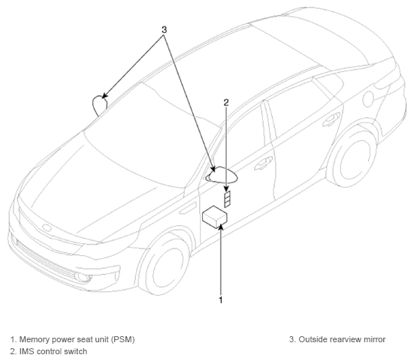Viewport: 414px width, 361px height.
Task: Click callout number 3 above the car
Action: (165, 30)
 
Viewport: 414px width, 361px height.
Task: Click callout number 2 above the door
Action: (226, 103)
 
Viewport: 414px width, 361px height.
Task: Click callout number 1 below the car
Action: (221, 299)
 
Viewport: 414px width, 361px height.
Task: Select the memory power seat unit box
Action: (215, 217)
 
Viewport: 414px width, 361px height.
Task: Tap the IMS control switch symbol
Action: (227, 199)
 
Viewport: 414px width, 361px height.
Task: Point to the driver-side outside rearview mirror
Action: (222, 175)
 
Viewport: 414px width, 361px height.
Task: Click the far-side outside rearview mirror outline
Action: (99, 105)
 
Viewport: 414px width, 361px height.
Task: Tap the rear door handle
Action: (331, 118)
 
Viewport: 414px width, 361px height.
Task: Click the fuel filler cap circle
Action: (368, 99)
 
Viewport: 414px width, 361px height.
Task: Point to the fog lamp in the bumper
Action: (80, 276)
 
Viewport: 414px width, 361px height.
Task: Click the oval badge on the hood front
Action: (47, 228)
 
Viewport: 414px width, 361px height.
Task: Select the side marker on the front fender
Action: (188, 208)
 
